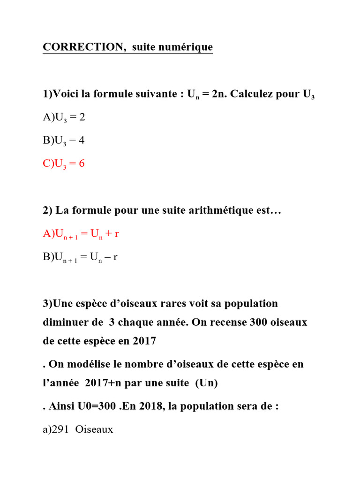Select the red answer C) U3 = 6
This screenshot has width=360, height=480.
click(64, 164)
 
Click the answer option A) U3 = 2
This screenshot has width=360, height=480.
click(64, 118)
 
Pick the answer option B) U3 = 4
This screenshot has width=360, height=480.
click(64, 141)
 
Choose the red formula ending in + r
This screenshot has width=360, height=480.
click(81, 234)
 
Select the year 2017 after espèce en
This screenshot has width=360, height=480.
click(143, 341)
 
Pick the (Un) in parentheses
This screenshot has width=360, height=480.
click(207, 382)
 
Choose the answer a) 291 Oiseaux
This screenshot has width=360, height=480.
click(78, 429)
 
